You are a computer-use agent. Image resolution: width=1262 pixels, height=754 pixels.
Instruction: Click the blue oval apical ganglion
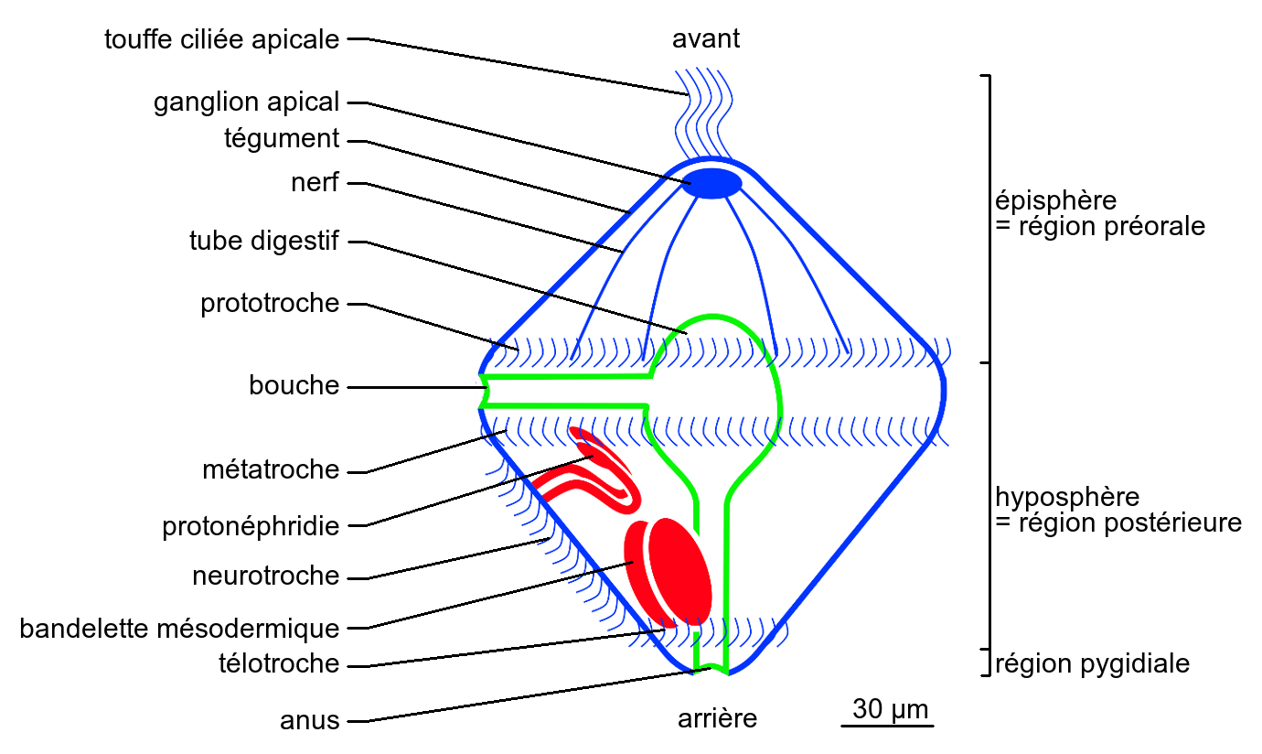pos(713,183)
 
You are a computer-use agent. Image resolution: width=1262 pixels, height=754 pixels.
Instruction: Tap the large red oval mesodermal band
pos(669,569)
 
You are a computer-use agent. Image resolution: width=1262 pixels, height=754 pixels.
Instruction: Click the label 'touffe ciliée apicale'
pos(222,39)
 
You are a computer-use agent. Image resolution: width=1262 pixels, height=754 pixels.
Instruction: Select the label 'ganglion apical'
pos(247,102)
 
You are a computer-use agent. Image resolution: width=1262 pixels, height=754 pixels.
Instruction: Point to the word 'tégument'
pos(282,139)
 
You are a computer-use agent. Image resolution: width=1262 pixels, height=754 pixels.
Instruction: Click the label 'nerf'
pos(315,183)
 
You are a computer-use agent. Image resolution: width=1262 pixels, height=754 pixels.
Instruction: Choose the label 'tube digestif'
pos(264,242)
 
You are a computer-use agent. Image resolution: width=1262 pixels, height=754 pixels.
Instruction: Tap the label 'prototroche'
pos(270,304)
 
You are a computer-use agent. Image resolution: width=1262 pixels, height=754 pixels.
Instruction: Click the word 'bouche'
pos(294,386)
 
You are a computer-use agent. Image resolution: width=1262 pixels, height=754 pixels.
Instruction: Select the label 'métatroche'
pos(271,470)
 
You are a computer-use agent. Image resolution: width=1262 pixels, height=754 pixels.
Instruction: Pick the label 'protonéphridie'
pos(251,527)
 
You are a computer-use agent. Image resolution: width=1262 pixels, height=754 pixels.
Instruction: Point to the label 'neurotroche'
pos(266,576)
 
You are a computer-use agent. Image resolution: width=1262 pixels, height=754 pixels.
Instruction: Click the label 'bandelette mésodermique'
pos(179,629)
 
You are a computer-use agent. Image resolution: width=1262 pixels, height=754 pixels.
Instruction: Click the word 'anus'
pos(309,721)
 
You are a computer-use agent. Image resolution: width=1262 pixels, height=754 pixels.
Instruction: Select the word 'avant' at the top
pos(706,39)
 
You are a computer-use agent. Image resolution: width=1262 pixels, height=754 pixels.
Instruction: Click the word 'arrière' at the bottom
pos(718,719)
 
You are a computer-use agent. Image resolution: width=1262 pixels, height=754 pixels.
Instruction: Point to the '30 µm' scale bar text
pos(890,709)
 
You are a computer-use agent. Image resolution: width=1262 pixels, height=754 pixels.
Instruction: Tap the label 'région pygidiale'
pos(1093,663)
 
